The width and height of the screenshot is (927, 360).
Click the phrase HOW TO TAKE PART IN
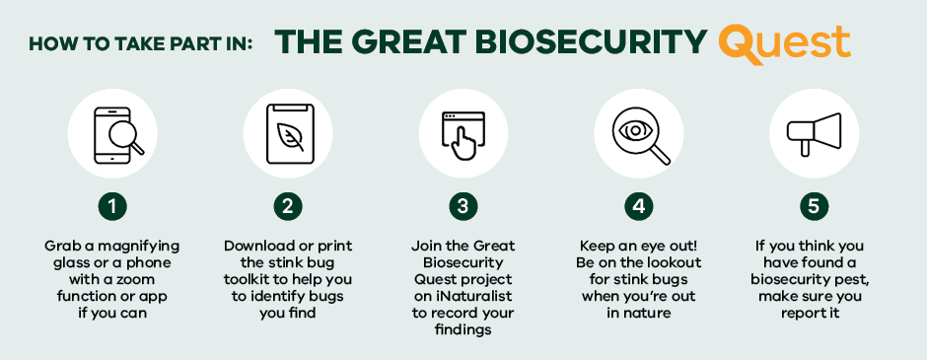point(140,43)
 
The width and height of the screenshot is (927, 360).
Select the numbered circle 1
point(114,206)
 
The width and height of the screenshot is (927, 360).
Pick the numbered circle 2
point(288,206)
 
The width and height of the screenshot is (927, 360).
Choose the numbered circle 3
point(463,206)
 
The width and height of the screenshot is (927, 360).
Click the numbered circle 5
point(814,206)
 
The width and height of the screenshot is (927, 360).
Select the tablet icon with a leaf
point(289,134)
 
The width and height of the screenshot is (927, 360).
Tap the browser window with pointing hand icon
point(463,134)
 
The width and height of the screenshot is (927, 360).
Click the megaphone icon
point(814,134)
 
